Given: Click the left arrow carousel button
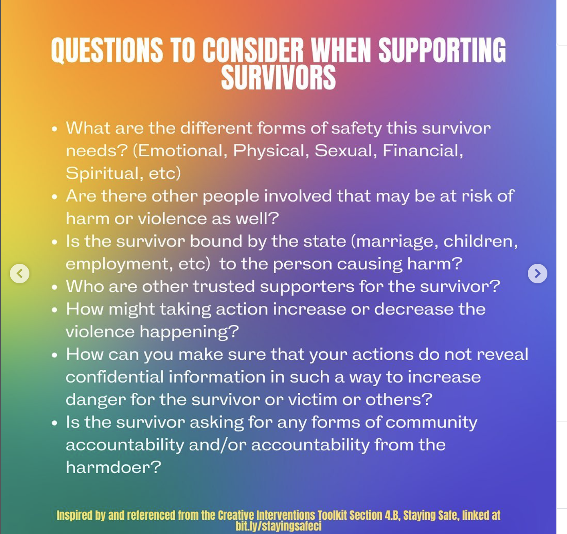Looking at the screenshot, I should tap(20, 273).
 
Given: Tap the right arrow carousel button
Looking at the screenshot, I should tap(537, 273).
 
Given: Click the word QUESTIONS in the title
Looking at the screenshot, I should tap(107, 51).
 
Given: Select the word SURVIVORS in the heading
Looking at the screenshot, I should tap(278, 78).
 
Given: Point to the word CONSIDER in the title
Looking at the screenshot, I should tap(253, 51).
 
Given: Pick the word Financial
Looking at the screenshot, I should tap(422, 151).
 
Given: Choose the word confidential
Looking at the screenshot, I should tap(114, 377).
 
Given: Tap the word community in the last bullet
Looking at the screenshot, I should tap(431, 422).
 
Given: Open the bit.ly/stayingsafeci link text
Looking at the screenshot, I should tap(278, 526).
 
